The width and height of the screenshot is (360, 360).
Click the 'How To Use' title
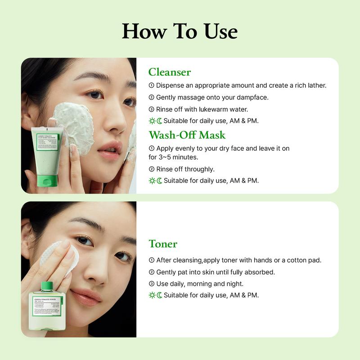click(x=180, y=31)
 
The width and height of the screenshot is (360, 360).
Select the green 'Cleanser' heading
click(x=170, y=72)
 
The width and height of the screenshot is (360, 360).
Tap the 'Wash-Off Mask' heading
click(x=187, y=135)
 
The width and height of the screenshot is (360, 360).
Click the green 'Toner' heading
click(x=163, y=244)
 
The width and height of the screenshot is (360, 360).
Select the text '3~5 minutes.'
click(x=173, y=157)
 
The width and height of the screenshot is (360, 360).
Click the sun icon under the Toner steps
click(x=152, y=295)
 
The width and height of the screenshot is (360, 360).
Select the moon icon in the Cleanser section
click(x=159, y=121)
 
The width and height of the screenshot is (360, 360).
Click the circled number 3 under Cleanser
click(x=152, y=109)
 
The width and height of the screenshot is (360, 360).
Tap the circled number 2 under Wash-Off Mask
click(x=152, y=169)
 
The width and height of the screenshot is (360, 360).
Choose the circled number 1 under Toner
click(x=152, y=260)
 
